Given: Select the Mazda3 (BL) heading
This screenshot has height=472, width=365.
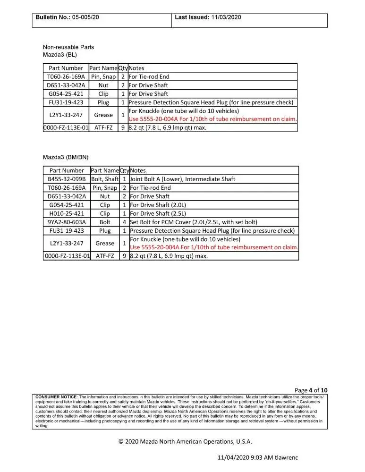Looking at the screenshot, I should [59, 55].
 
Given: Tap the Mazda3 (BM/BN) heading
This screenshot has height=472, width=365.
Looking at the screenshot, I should [66, 157].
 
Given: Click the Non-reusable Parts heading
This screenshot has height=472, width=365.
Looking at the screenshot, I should [68, 47].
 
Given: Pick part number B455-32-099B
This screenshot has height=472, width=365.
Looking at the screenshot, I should [67, 179].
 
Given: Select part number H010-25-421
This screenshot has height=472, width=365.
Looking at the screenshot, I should [67, 213].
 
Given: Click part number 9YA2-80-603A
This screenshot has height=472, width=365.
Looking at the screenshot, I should [67, 222].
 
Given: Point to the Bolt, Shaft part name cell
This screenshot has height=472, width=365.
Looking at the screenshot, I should [105, 179].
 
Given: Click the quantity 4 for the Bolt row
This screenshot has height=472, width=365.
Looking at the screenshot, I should [124, 222].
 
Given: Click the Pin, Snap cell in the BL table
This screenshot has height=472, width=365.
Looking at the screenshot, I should [103, 76].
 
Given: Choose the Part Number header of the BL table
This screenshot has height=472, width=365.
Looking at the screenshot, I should [66, 68].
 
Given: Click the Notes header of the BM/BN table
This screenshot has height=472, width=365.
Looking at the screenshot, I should [138, 170].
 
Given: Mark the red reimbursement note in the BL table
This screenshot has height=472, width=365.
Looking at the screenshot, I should [212, 119].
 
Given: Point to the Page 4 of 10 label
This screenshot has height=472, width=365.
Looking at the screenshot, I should [311, 390].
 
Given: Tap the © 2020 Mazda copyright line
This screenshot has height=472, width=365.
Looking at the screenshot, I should [185, 442].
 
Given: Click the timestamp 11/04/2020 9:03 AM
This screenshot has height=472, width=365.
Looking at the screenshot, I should [245, 458].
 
